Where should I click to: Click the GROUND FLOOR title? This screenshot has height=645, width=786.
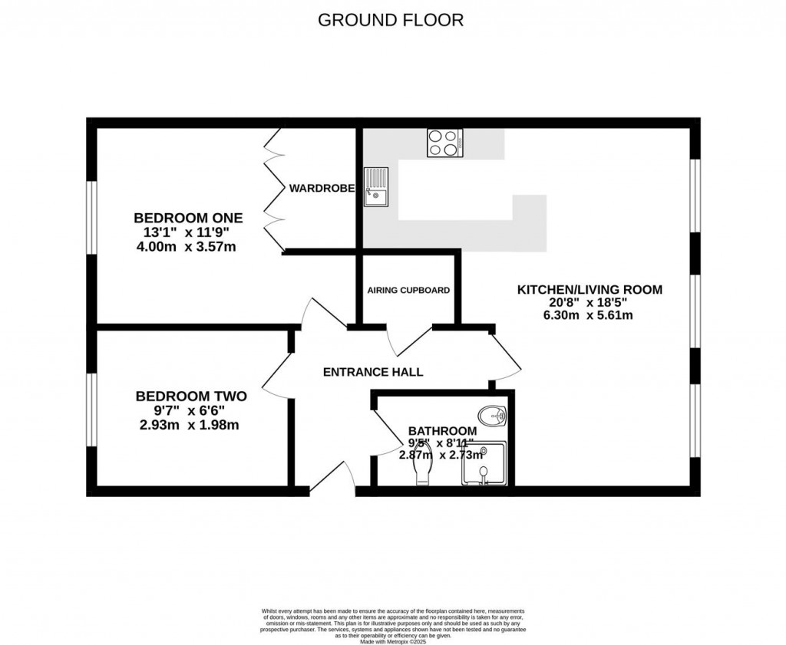391,20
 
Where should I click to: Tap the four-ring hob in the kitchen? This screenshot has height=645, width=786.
444,143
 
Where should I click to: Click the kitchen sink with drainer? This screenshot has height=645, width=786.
377,187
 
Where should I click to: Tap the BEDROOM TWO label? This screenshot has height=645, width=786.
191,397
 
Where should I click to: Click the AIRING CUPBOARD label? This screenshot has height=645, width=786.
408,291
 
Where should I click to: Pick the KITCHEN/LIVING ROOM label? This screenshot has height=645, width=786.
589,290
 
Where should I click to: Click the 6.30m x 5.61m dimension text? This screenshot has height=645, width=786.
589,315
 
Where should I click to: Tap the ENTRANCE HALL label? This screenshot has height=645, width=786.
373,372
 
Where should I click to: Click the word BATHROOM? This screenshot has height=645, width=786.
441,431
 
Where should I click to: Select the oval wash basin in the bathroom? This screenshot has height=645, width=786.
491,415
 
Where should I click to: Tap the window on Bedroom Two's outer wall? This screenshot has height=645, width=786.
91,410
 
